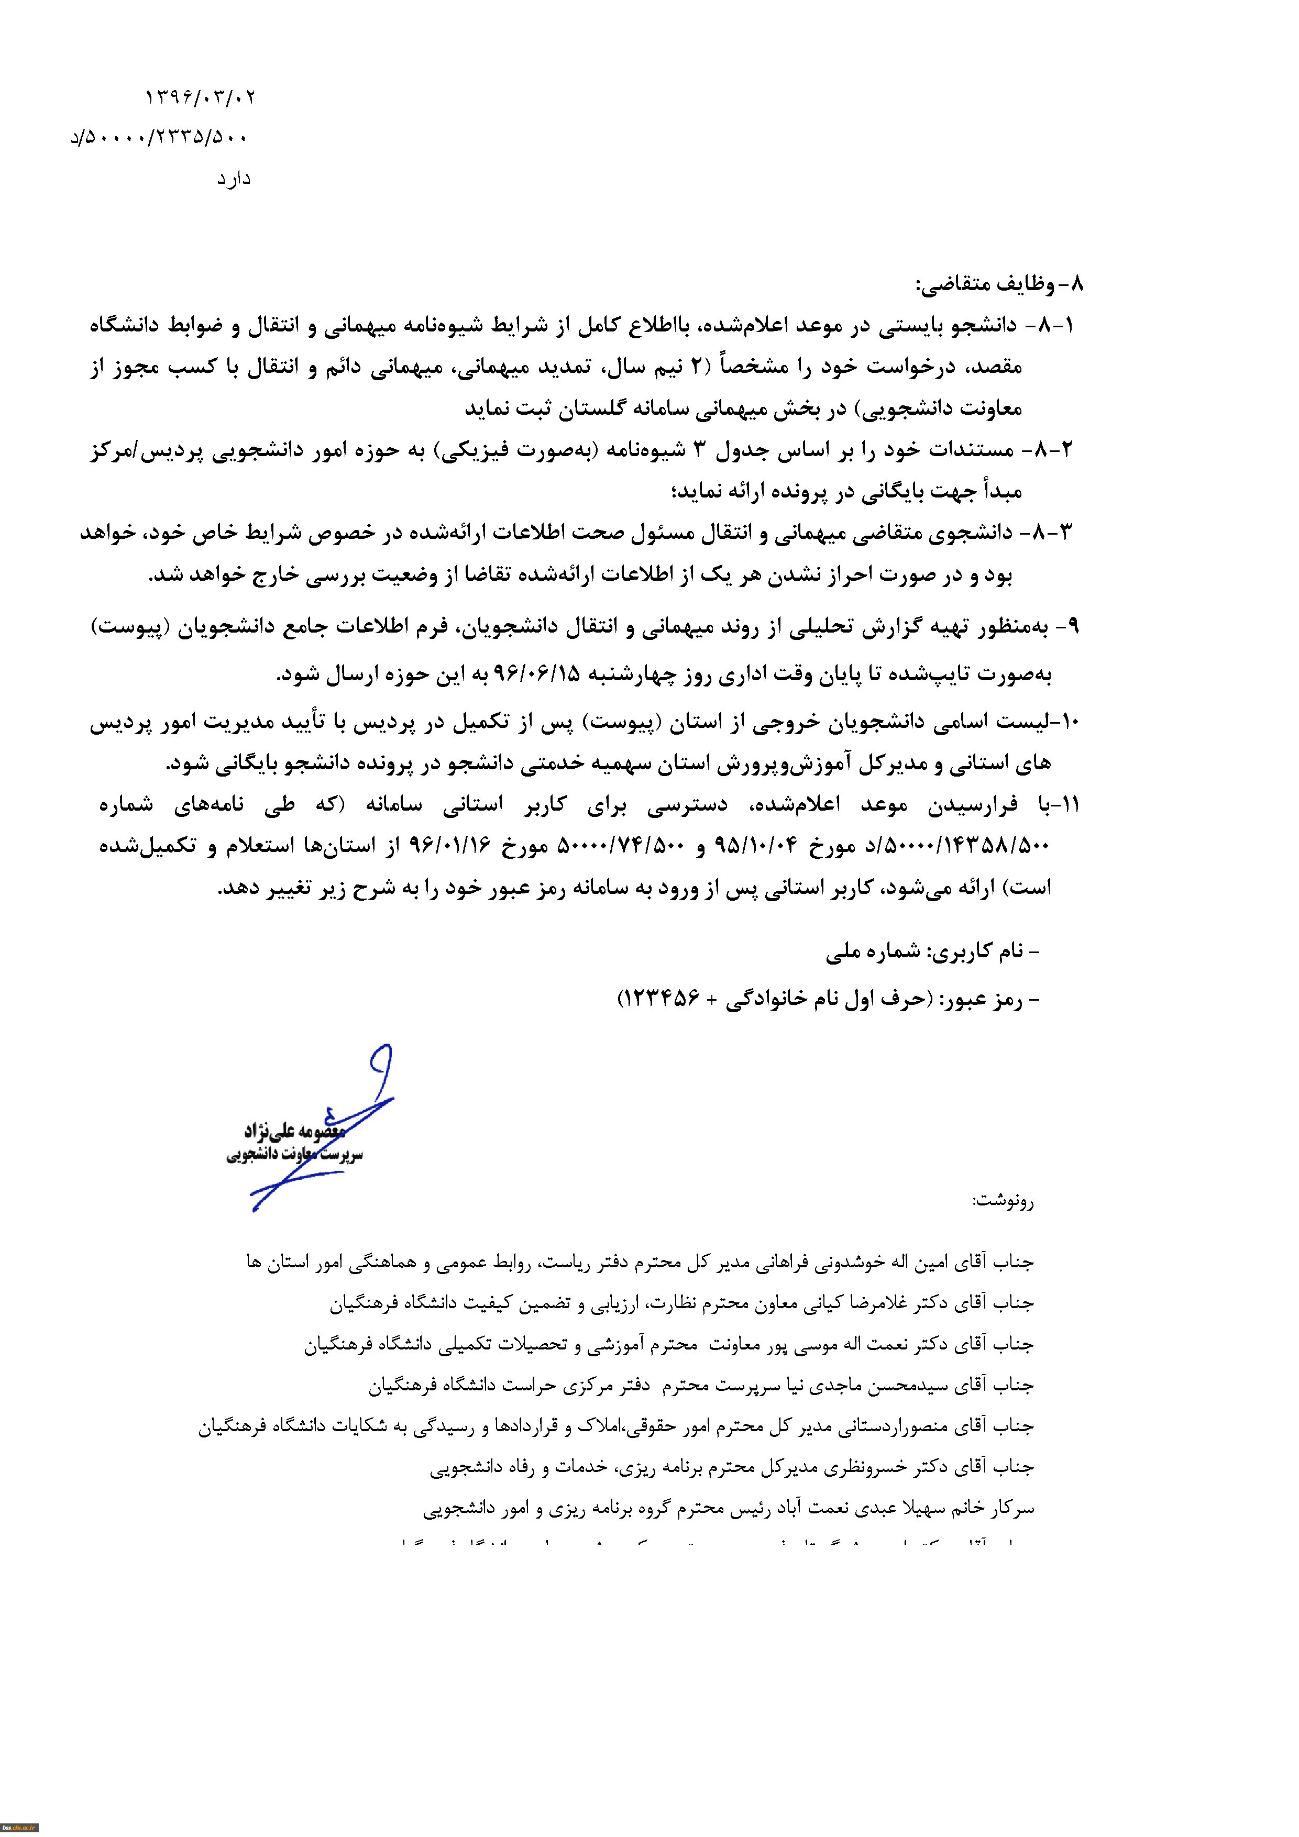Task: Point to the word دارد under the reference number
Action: click(x=233, y=179)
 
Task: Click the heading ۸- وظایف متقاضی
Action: click(x=1000, y=284)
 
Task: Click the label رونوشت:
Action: click(x=1003, y=1201)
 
